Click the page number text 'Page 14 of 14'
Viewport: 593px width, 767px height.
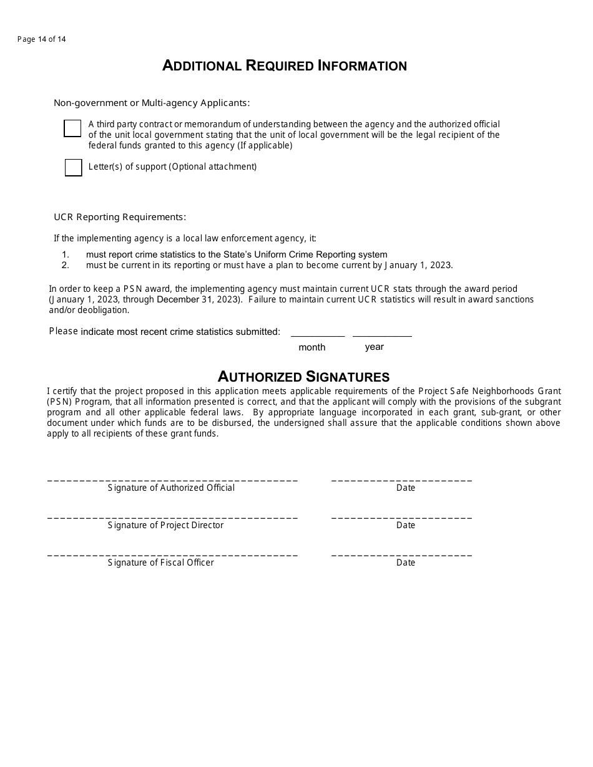(41, 39)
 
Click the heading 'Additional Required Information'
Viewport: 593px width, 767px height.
(285, 65)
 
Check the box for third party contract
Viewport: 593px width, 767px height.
(72, 128)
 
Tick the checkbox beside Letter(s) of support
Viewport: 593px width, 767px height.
(73, 167)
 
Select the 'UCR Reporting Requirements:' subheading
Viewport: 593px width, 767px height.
(120, 217)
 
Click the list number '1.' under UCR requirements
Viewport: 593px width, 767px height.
(66, 254)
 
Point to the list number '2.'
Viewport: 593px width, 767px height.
(66, 265)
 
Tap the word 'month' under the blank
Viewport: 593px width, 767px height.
(311, 347)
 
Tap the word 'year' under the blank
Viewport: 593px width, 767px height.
(374, 347)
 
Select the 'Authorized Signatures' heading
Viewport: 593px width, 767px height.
(303, 376)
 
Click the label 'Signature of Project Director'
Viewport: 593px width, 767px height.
(165, 525)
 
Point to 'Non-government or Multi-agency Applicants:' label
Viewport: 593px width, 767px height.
(152, 103)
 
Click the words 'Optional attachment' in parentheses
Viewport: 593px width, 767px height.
(213, 166)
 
